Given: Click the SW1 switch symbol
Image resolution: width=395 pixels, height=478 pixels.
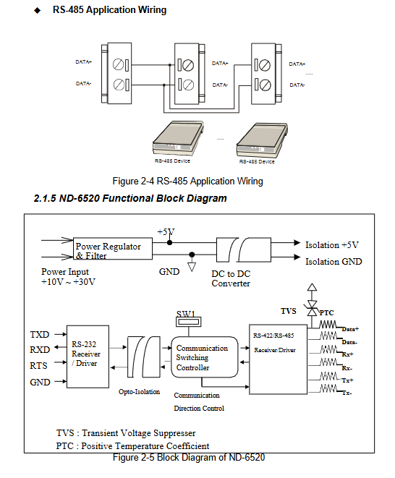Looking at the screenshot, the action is [x=189, y=322].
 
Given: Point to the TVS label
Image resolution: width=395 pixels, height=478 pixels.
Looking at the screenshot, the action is [x=288, y=311].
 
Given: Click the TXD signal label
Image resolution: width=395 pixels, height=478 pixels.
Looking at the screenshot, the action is [x=40, y=334].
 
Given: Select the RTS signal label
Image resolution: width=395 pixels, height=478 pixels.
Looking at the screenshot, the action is [x=39, y=365].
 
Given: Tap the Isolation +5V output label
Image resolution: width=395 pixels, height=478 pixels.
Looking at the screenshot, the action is [x=332, y=245].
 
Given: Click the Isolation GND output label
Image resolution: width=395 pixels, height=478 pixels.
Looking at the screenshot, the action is [x=334, y=262].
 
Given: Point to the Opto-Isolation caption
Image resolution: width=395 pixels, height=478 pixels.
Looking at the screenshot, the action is [x=139, y=392].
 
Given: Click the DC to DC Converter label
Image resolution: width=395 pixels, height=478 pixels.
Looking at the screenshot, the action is [x=231, y=278].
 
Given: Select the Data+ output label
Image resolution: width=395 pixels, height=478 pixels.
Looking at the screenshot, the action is [x=350, y=329].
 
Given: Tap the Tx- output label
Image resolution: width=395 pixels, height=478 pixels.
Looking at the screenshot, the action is [x=347, y=393].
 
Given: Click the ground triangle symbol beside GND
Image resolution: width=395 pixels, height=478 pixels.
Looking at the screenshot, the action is [x=192, y=267].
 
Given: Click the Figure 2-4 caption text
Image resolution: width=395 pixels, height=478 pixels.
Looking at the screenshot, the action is [x=187, y=181].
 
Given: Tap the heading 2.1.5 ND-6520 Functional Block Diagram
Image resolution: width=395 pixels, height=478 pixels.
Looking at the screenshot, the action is [x=130, y=198].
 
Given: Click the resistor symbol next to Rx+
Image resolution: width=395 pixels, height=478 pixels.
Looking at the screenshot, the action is [x=329, y=349].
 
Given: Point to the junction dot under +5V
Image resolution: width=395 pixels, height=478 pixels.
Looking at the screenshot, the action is [x=169, y=243].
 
